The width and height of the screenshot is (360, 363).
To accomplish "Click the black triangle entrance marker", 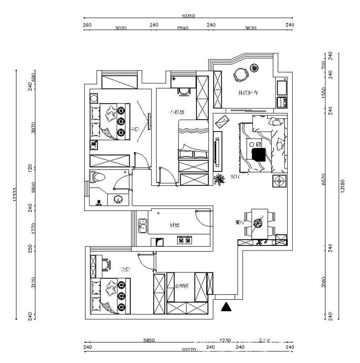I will (226, 307).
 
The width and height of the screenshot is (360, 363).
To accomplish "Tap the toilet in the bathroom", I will (98, 177).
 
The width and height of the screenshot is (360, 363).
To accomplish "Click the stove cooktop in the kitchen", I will (184, 240).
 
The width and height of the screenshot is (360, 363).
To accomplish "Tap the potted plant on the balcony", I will (255, 68).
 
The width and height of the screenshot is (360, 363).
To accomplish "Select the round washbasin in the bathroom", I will (118, 199).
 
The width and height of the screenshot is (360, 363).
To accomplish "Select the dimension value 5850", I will (149, 340).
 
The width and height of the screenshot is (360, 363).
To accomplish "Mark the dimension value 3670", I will (251, 29).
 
